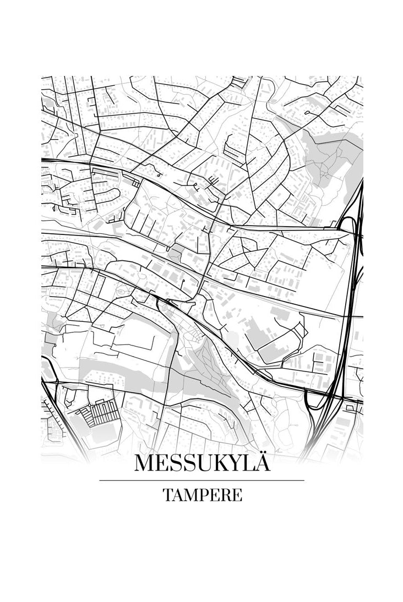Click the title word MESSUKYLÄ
tap(202, 463)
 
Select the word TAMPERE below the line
tap(202, 495)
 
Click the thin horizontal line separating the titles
tap(201, 480)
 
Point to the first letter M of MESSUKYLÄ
tap(144, 463)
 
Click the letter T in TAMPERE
tap(167, 495)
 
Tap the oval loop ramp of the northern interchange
tap(347, 225)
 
